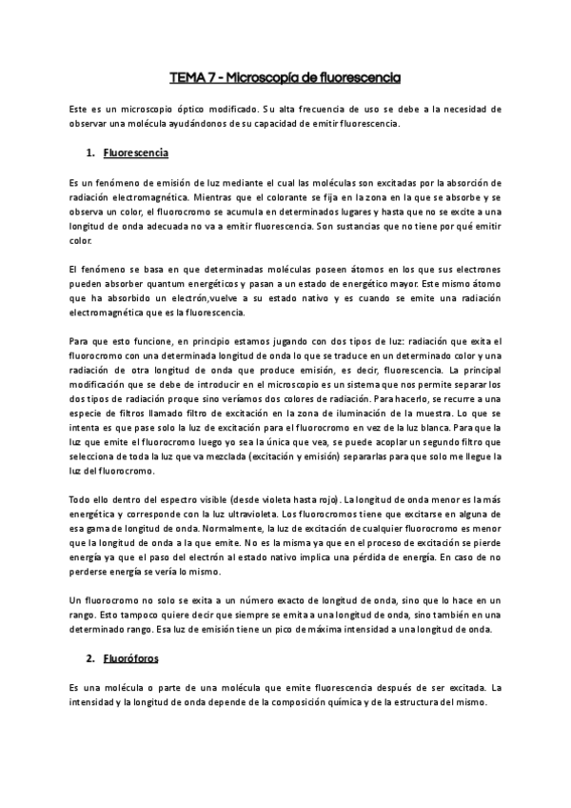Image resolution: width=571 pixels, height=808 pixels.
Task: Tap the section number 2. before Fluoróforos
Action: pyautogui.click(x=89, y=658)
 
